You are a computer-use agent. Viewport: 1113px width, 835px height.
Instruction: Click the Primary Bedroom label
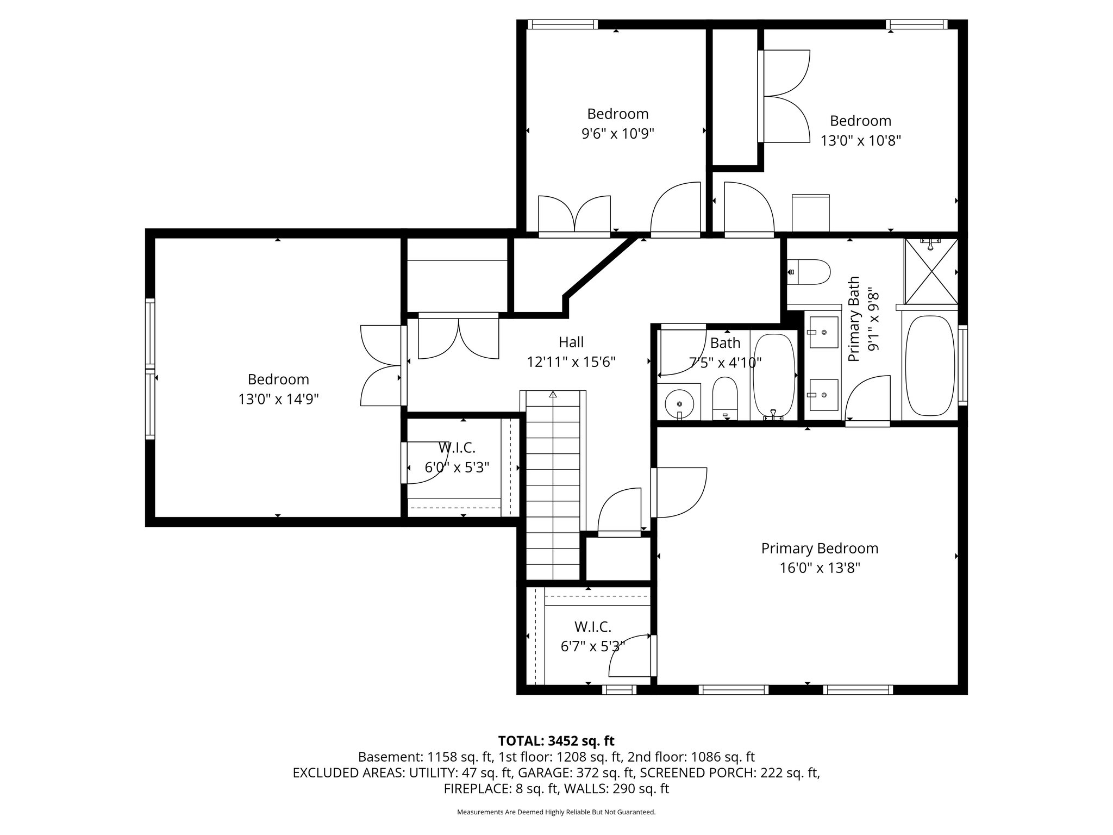[820, 548]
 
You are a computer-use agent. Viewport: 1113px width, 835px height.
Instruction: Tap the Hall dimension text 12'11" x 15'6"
[571, 362]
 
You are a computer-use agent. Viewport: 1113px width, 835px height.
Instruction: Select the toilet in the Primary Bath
[809, 272]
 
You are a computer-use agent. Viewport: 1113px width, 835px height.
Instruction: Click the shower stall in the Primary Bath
[931, 271]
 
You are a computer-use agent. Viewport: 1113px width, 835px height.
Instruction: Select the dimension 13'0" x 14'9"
[278, 400]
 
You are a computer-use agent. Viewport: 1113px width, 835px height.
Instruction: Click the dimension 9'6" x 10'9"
[618, 134]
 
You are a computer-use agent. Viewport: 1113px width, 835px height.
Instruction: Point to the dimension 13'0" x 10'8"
[861, 141]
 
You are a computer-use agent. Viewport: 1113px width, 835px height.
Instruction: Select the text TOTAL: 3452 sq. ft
[556, 740]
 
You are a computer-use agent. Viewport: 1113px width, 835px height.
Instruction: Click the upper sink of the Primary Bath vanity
[823, 331]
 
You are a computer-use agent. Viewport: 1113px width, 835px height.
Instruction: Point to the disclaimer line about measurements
[556, 812]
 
